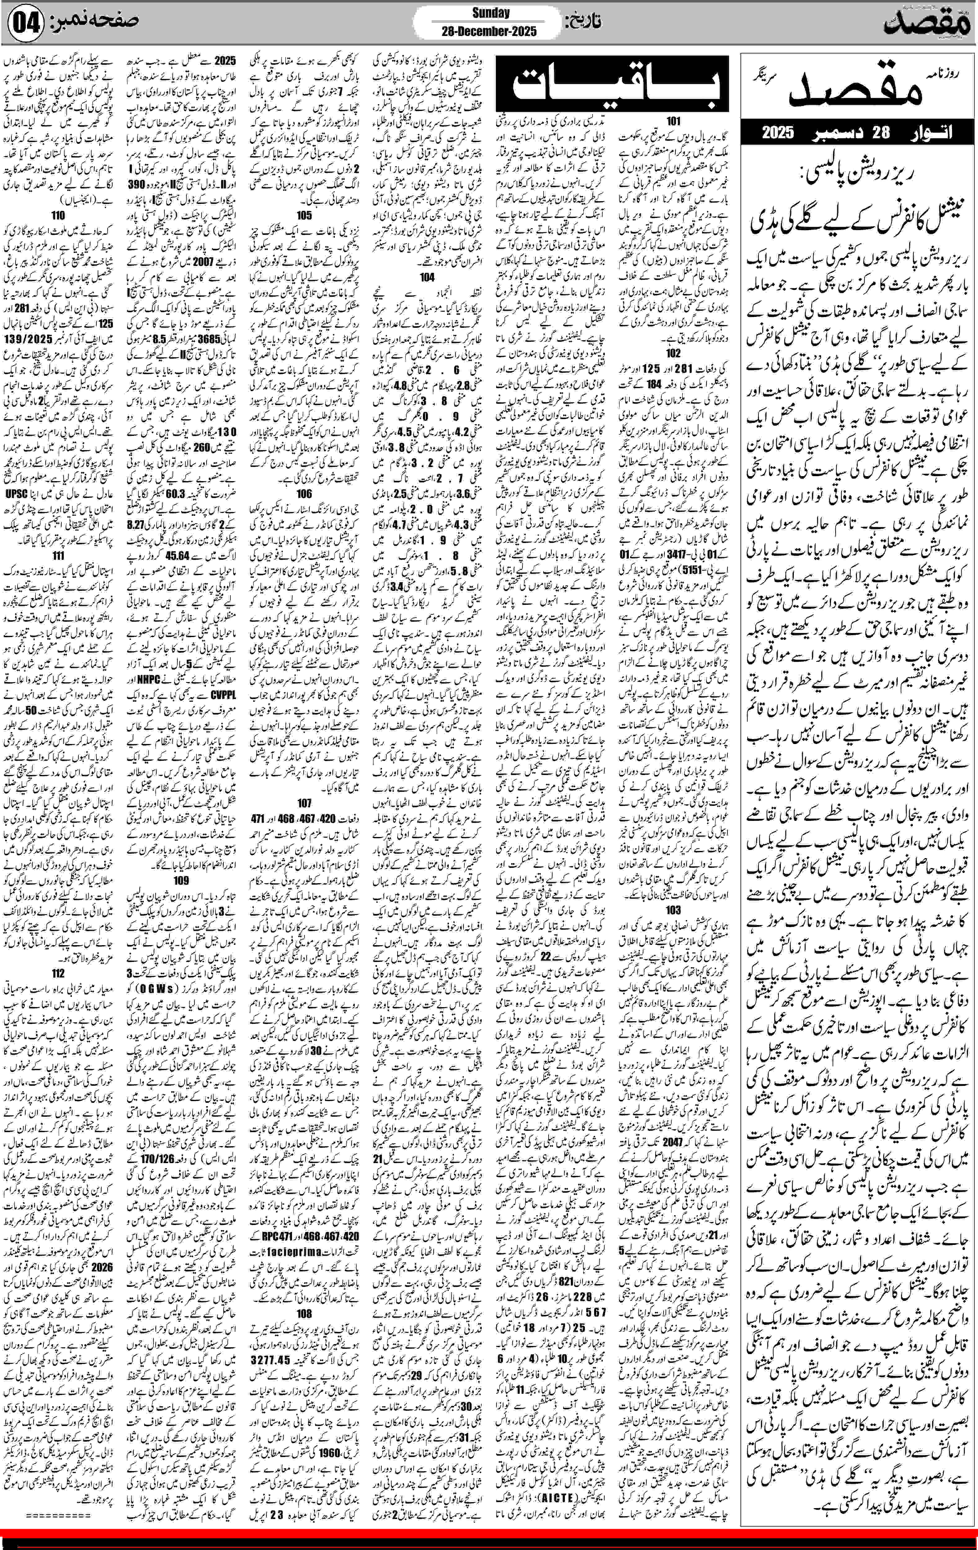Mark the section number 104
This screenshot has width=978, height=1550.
pyautogui.click(x=427, y=277)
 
